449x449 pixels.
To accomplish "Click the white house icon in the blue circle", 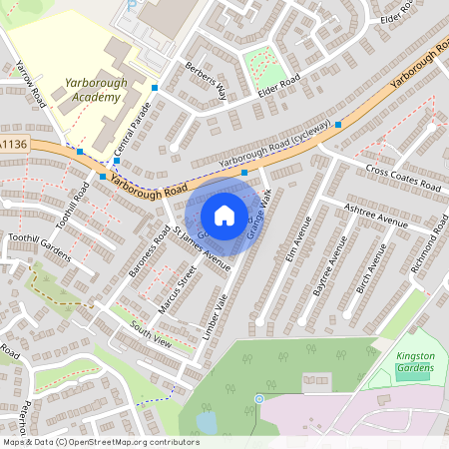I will click(224, 215).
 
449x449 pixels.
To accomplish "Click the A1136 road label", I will click(13, 145).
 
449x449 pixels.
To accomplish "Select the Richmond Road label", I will click(428, 250).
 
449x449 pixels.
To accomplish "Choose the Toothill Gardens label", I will click(39, 246).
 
